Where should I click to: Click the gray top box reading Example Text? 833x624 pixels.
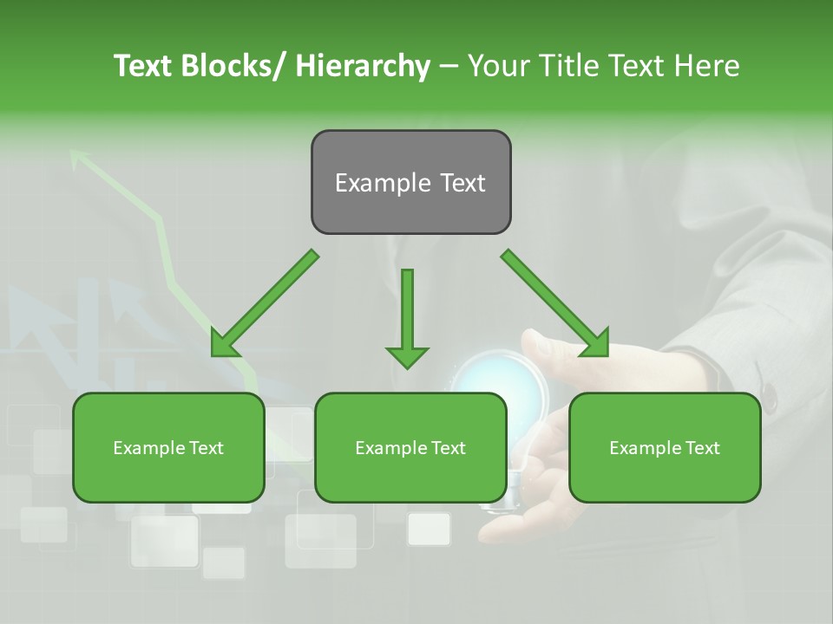(x=410, y=182)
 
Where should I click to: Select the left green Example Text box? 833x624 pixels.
(x=168, y=447)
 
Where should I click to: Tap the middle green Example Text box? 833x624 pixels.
(x=410, y=447)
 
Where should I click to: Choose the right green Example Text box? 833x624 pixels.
(x=665, y=447)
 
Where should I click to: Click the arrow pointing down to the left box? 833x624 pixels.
(x=265, y=303)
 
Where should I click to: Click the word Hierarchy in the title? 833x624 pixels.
(x=363, y=66)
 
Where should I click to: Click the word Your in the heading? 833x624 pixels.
(x=500, y=66)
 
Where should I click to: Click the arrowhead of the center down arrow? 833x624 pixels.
(x=407, y=356)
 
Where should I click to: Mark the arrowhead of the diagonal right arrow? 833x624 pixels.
(x=597, y=345)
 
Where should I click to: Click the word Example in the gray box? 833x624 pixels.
(x=375, y=183)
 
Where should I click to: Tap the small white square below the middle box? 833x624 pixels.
(x=429, y=529)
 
